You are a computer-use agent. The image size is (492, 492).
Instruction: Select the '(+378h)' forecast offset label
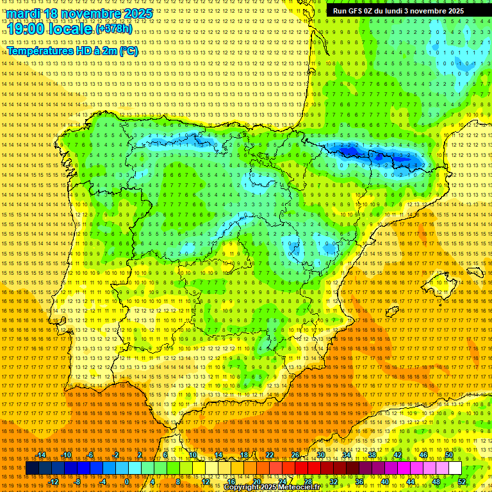point(114,29)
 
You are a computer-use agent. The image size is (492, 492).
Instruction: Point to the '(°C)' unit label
point(128,51)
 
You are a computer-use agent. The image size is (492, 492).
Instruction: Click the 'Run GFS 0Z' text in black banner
point(357,11)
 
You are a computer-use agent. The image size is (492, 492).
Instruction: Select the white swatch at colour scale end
point(455,468)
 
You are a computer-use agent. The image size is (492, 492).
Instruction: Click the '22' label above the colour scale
point(269,455)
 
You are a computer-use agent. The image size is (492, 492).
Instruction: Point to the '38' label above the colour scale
point(372,455)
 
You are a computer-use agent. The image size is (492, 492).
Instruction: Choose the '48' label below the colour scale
point(436,482)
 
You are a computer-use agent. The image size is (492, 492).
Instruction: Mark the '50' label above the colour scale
point(449,455)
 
